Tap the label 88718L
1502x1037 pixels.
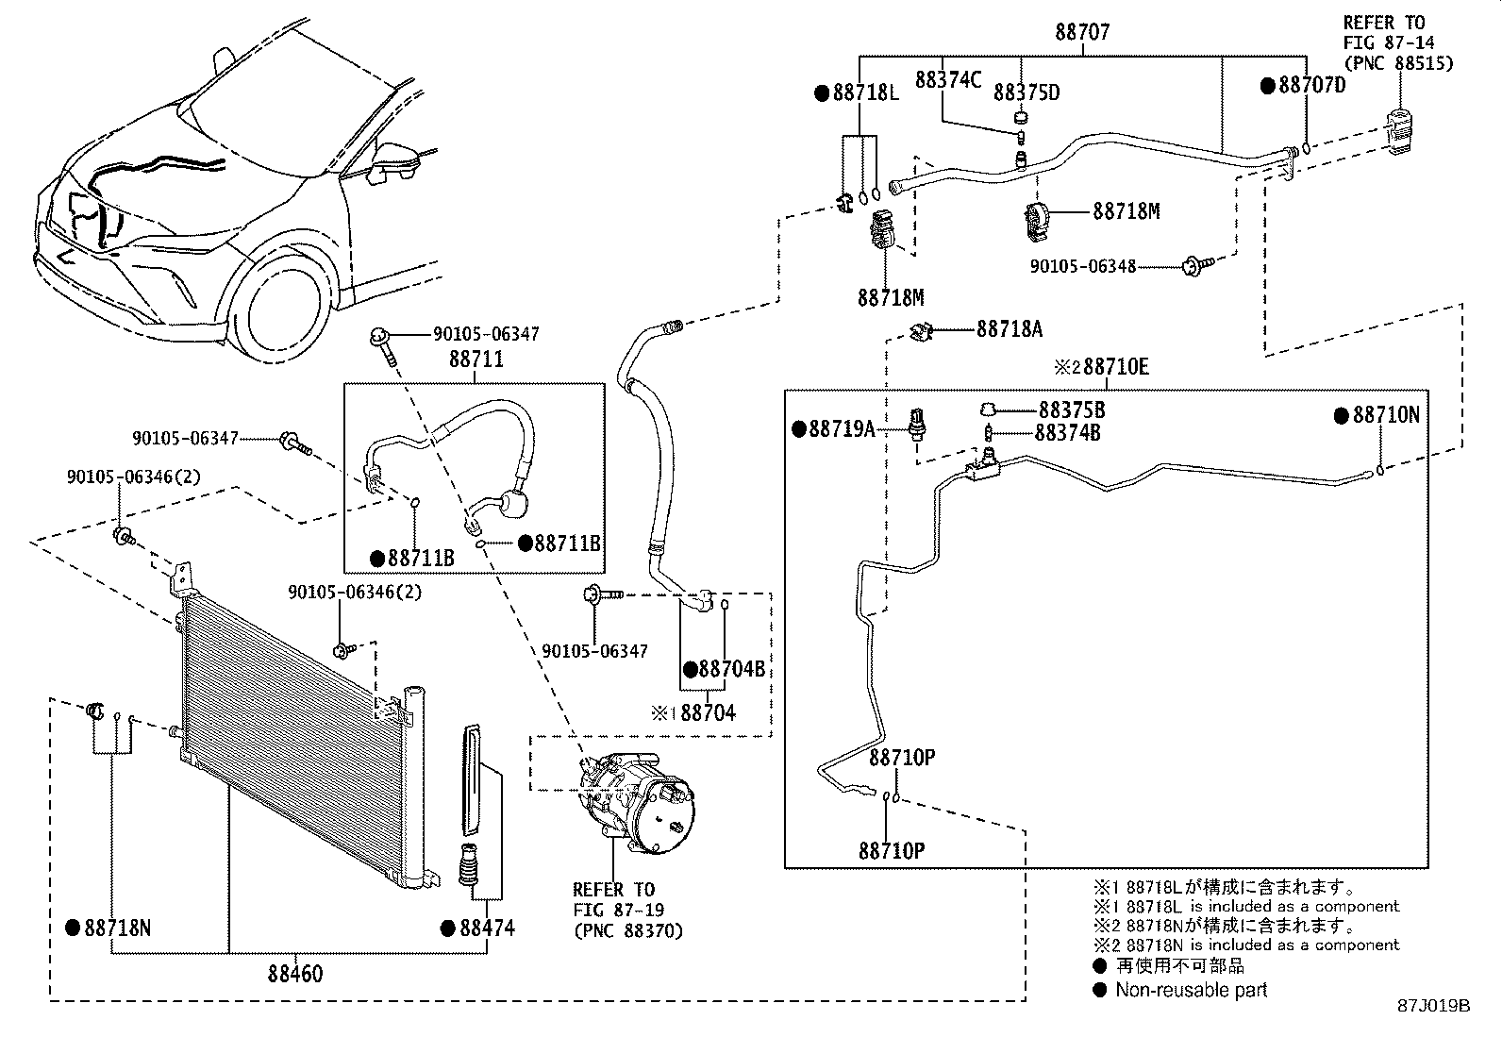(865, 92)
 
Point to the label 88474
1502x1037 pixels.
(487, 928)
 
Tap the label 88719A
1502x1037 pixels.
(842, 429)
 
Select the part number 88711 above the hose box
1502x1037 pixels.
(476, 360)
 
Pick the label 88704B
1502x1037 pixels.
(731, 669)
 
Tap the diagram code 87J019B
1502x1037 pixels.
(1434, 1006)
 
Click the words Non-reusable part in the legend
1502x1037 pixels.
(1191, 990)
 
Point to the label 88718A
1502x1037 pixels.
(1010, 328)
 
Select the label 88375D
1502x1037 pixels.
(1026, 92)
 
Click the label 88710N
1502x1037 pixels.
(1386, 415)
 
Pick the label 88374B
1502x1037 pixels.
(1067, 433)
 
